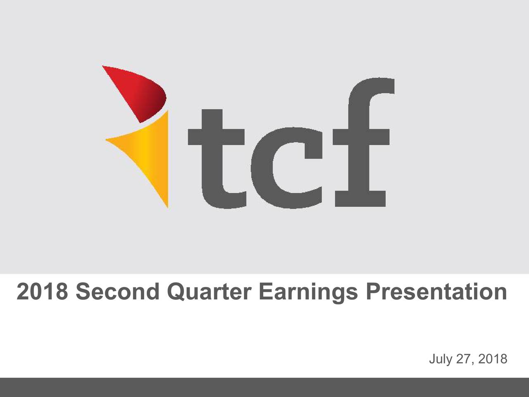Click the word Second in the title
pos(118,292)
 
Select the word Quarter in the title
pos(209,292)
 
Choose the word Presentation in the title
pos(436,292)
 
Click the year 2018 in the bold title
pos(43,292)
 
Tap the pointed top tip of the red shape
pos(102,66)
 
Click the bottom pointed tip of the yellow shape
pos(168,208)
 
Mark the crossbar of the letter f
pos(361,137)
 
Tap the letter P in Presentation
pos(373,292)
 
